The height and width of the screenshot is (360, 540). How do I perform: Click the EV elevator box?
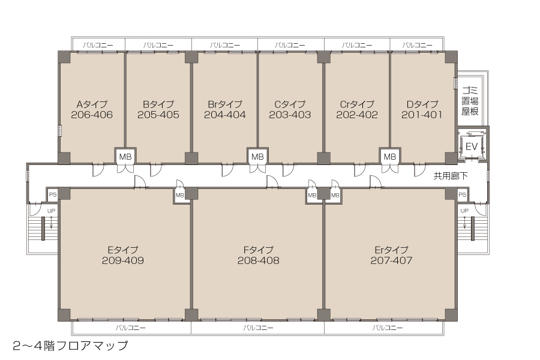471,146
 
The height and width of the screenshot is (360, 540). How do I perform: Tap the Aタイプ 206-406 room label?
92,110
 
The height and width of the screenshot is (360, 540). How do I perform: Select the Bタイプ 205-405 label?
158,110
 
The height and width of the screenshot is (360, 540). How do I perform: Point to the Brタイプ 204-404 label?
225,110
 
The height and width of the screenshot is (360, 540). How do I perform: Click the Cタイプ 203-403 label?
290,110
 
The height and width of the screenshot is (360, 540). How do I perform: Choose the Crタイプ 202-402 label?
357,110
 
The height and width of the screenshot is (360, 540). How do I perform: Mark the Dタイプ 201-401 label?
422,110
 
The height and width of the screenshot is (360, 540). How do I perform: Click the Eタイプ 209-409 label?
123,255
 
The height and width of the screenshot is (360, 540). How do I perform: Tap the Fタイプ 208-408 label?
258,255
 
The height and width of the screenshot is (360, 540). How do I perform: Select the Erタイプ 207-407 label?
392,255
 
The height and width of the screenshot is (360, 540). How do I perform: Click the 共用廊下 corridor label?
451,176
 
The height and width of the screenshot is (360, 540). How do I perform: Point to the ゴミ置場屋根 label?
470,101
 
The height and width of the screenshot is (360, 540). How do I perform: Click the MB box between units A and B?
125,157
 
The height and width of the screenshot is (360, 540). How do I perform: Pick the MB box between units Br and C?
257,157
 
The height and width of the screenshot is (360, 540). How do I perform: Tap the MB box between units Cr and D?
390,157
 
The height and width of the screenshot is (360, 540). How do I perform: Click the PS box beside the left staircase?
53,194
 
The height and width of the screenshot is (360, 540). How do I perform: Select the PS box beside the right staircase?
462,194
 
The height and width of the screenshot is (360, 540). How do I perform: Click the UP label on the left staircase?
52,211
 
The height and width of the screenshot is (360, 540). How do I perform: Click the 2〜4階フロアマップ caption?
70,346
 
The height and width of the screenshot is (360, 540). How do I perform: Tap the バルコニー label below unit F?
258,328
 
